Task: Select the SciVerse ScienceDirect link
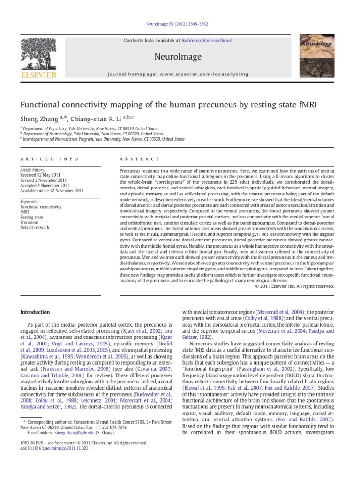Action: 208,41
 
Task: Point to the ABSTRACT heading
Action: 140,159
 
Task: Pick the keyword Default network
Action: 35,228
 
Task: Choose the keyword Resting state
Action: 31,217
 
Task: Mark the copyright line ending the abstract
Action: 294,286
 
